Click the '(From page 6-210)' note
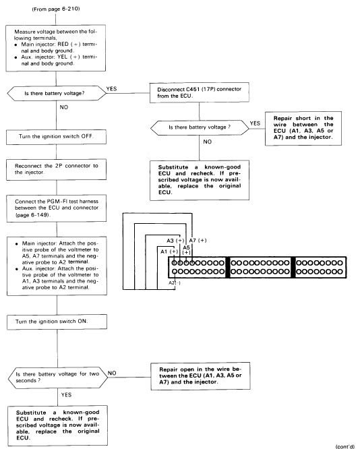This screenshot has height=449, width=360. coord(56,9)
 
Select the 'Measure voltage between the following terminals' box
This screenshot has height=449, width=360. coord(55,48)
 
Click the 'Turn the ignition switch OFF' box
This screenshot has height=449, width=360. coord(56,137)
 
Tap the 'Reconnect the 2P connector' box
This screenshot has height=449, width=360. coord(56,169)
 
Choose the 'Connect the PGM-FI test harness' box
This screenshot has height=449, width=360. coord(57,208)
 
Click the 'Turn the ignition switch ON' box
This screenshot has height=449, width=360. coord(57,322)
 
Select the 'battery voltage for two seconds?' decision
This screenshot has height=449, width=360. coord(58,378)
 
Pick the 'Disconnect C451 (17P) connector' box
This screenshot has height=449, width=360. coord(200,92)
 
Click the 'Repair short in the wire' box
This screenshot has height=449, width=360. coord(303,129)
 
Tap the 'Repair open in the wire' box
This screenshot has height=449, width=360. coord(200,376)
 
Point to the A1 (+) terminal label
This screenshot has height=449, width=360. coord(169,251)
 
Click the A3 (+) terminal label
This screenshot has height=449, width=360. coord(175,241)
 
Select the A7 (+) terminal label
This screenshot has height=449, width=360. coord(198,241)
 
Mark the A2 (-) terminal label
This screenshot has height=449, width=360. coord(175,283)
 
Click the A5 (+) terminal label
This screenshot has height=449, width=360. coord(187,250)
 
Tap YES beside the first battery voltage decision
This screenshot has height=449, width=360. coord(111,89)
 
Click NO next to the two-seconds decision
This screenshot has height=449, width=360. coord(112,373)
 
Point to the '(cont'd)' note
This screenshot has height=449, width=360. coord(344,446)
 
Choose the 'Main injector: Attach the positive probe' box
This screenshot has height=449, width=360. coord(57,266)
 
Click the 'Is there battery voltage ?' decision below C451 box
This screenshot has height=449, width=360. coord(200,127)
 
